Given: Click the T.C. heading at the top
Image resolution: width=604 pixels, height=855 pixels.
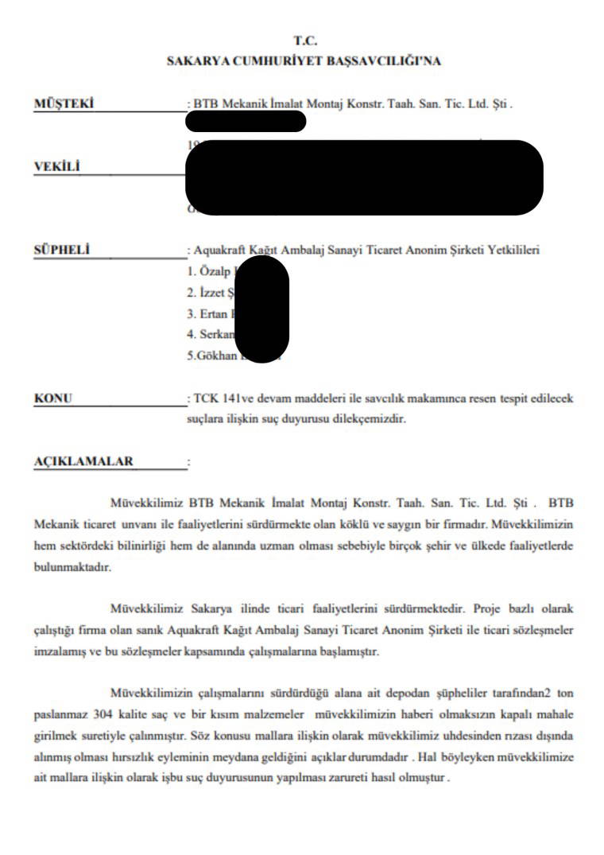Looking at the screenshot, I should (305, 41).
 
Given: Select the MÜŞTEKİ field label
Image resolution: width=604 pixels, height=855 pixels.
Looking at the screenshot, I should (64, 104).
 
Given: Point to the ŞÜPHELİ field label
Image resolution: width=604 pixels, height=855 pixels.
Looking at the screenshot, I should (62, 250).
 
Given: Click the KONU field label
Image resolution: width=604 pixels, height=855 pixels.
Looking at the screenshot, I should (53, 398).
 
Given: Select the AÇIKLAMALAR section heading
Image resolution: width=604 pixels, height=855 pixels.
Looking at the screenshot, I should (84, 461).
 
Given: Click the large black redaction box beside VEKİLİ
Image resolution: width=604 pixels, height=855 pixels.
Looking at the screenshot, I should (364, 177).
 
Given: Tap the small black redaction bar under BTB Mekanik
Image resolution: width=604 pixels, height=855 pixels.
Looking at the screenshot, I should (245, 121).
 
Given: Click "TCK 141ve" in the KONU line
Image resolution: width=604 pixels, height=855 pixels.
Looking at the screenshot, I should (220, 398).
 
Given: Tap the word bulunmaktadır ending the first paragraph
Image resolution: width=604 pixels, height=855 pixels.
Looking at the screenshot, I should (73, 569).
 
